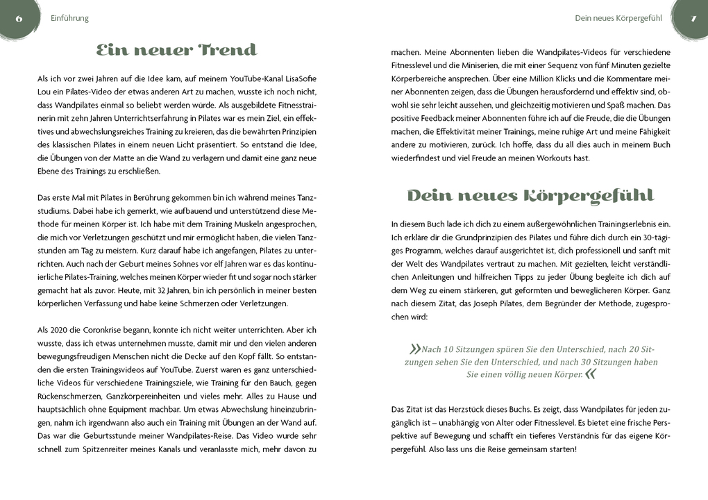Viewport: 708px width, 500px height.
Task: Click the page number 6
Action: pos(19,18)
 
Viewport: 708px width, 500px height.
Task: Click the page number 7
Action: pos(693,18)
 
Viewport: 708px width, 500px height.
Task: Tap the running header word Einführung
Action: pos(70,18)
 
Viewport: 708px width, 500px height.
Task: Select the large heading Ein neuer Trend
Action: pos(176,50)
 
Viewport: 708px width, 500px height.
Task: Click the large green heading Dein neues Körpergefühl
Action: pos(530,196)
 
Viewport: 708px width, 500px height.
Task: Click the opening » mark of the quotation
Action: pos(415,349)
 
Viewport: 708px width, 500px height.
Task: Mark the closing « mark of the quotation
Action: pos(590,374)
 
